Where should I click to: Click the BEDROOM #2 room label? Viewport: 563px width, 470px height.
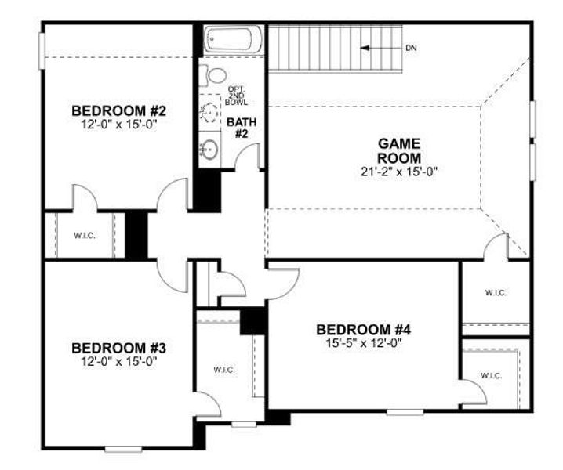click(x=119, y=110)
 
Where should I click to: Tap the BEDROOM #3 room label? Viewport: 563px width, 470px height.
click(x=119, y=347)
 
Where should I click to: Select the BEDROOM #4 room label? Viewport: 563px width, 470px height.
click(x=363, y=329)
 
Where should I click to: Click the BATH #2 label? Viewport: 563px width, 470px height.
click(x=238, y=128)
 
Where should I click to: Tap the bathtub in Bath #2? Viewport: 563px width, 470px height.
click(x=233, y=38)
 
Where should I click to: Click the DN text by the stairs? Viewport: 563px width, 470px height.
click(x=411, y=49)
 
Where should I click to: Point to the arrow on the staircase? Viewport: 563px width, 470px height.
click(x=377, y=49)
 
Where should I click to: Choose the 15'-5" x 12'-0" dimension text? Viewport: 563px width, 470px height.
click(x=363, y=342)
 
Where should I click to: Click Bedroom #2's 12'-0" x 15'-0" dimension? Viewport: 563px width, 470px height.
click(x=119, y=124)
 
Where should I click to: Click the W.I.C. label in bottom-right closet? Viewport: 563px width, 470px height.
click(x=491, y=376)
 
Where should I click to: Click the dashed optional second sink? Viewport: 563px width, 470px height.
click(x=209, y=111)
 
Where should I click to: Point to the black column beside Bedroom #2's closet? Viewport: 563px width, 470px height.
click(x=136, y=233)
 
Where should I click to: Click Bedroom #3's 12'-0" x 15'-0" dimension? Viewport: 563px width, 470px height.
click(x=119, y=361)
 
